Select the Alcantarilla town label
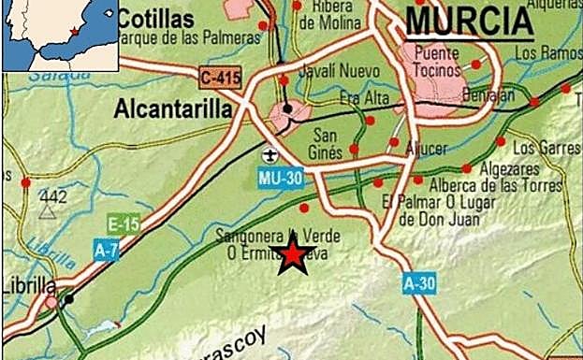point(172,109)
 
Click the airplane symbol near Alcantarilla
point(270,152)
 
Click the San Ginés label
point(328,138)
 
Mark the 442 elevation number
point(54,195)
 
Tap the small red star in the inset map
point(74,33)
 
